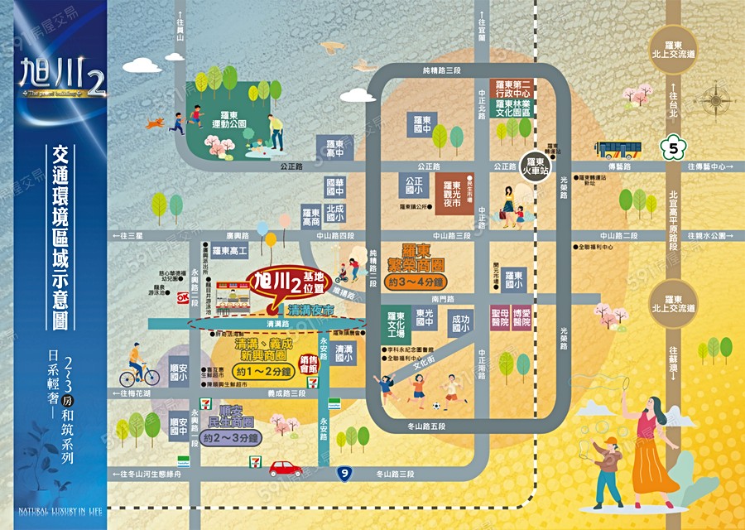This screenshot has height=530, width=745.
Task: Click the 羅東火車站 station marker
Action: [535, 166]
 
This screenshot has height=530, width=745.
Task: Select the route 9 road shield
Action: [344, 474]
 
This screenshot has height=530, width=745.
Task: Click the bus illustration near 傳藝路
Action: [618, 150]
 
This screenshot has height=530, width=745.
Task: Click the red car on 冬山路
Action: [286, 468]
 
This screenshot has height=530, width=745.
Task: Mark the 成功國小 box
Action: [459, 321]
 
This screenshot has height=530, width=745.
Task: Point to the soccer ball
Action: [437, 407]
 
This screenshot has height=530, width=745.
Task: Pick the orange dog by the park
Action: [155, 123]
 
